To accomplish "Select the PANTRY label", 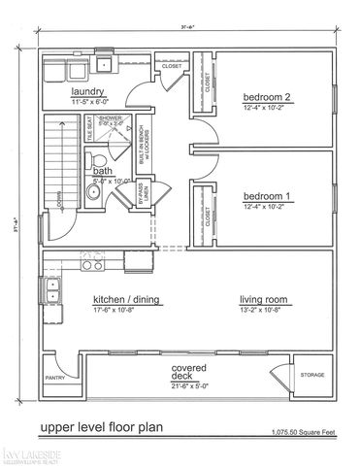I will click(x=55, y=379).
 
